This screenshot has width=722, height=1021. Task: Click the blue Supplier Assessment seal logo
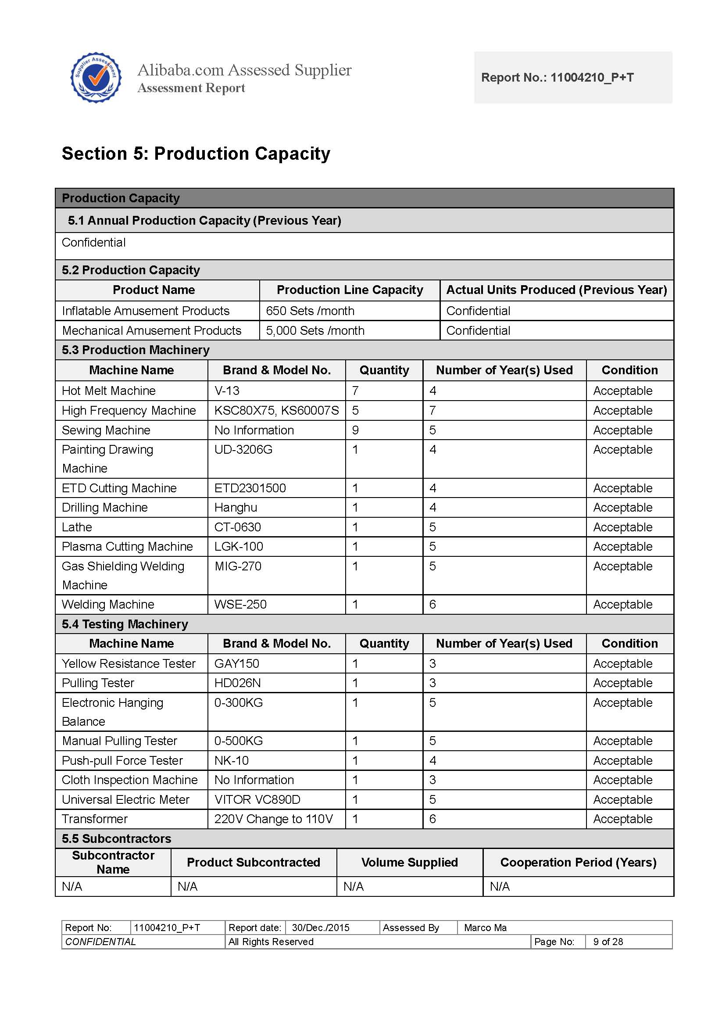click(96, 78)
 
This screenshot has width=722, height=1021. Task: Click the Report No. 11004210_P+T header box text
click(557, 77)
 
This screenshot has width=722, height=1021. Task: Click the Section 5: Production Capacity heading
click(196, 154)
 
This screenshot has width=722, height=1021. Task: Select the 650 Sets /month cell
click(310, 311)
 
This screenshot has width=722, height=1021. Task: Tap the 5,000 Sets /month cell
click(315, 330)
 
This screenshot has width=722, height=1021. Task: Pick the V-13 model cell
click(227, 390)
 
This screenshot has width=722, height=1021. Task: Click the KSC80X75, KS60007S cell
click(276, 410)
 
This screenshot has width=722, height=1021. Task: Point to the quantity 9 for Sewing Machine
click(355, 430)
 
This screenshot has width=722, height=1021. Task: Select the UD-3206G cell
click(243, 450)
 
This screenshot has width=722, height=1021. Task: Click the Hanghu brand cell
click(236, 507)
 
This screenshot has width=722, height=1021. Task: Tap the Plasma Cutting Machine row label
click(127, 547)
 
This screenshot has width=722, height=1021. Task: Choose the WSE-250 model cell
click(240, 604)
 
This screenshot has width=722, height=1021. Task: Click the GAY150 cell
click(236, 663)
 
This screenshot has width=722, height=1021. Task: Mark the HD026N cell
click(237, 683)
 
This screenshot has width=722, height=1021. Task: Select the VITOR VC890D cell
click(257, 799)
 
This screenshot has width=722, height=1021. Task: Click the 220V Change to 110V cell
click(273, 819)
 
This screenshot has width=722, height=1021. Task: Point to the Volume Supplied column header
click(409, 863)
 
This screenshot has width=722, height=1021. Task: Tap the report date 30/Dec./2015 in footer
click(320, 928)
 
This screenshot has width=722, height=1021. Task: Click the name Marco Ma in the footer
click(485, 928)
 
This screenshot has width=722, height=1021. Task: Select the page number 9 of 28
click(608, 942)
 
